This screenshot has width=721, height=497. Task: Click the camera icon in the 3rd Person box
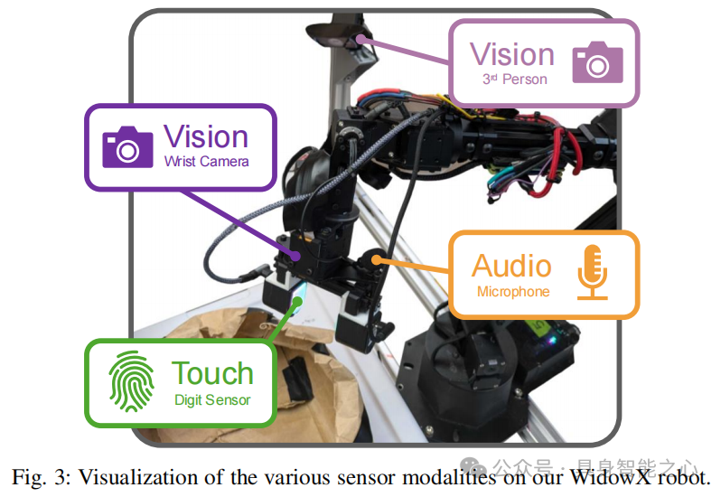(x=597, y=61)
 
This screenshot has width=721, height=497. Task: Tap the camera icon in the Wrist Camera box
(x=127, y=146)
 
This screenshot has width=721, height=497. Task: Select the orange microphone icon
(x=593, y=271)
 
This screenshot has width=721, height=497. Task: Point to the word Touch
(x=212, y=373)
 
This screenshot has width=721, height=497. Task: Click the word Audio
(x=511, y=266)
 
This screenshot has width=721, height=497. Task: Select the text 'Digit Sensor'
(x=212, y=399)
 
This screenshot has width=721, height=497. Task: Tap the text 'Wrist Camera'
(x=206, y=163)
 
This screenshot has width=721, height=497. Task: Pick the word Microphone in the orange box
(x=512, y=292)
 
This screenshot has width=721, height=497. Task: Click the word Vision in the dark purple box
(x=206, y=137)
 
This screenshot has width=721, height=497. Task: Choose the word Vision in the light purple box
(x=512, y=54)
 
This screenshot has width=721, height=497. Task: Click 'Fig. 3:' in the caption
(x=39, y=476)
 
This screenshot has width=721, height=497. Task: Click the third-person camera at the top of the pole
(x=341, y=34)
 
